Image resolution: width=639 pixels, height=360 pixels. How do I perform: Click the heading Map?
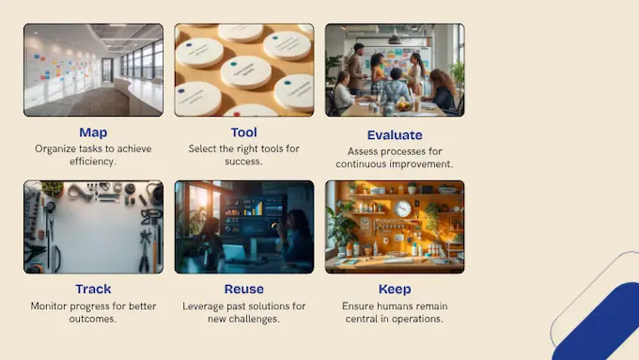[x=93, y=133]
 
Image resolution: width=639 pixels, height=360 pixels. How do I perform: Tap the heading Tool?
[x=244, y=133]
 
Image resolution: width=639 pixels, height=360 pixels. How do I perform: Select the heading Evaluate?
[x=395, y=134]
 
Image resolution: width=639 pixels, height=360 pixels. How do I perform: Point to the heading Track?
[x=93, y=289]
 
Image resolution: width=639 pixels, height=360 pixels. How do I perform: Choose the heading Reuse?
[x=244, y=289]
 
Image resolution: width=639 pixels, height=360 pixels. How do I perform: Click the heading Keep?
[x=395, y=289]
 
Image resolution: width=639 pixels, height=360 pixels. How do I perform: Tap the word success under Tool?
[x=244, y=162]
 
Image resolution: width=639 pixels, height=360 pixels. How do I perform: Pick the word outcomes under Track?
[x=93, y=318]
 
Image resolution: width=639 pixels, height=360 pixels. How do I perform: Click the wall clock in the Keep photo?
[x=403, y=209]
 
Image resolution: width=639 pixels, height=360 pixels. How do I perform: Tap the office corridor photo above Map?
[x=93, y=70]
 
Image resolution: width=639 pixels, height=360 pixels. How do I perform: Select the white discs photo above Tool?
[x=244, y=70]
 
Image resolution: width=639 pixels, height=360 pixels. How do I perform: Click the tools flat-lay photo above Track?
[x=93, y=227]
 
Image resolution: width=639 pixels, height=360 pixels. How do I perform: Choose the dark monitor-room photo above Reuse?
[x=244, y=227]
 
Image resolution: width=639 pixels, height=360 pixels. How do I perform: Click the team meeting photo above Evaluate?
[x=395, y=70]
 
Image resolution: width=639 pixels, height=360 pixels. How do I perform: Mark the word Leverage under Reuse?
[x=200, y=305]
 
